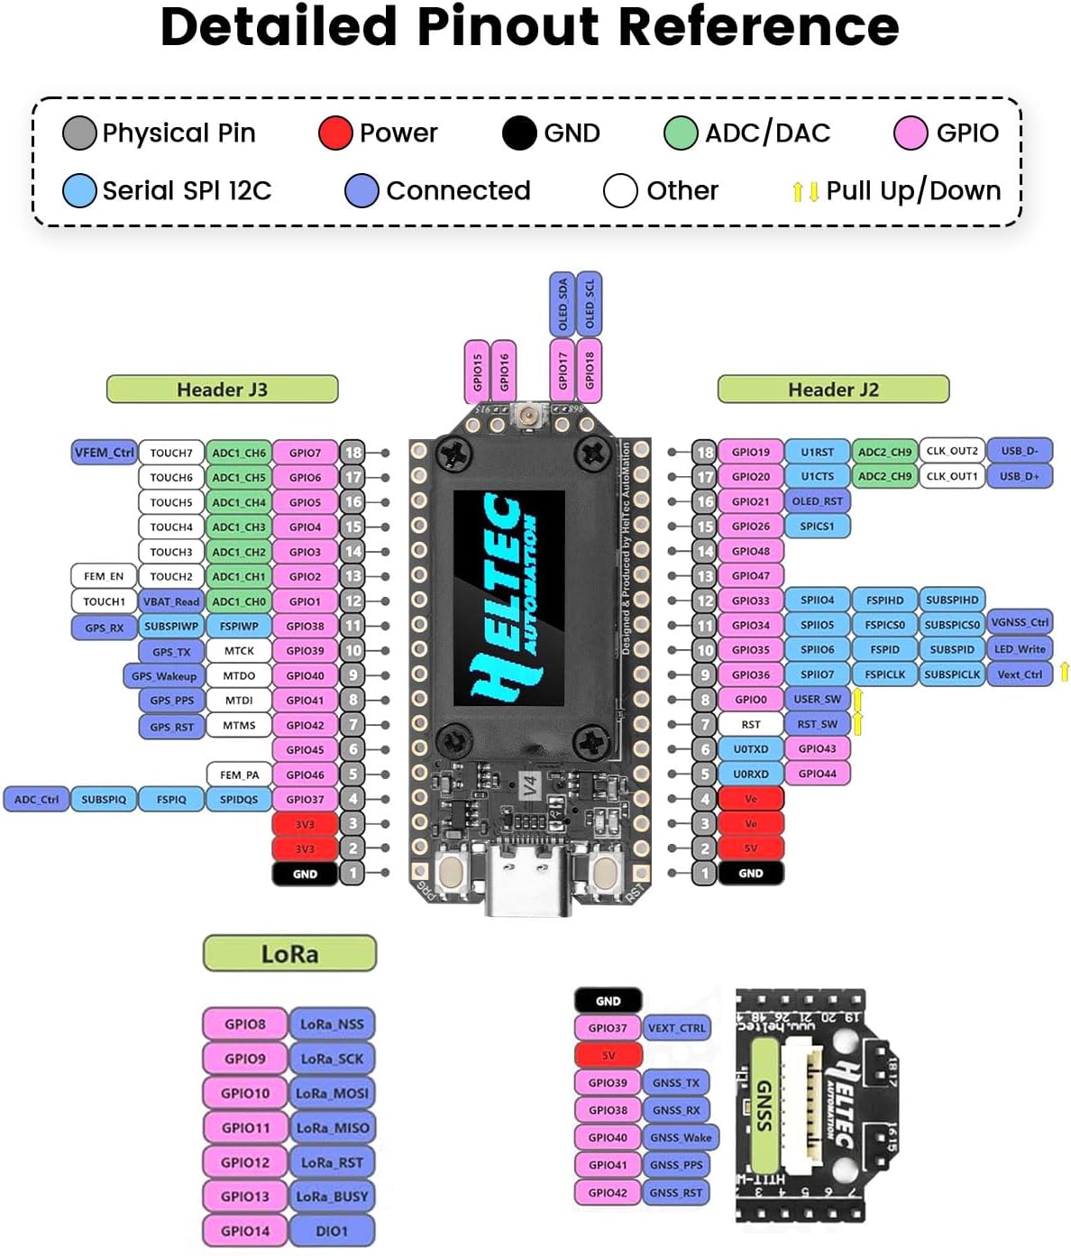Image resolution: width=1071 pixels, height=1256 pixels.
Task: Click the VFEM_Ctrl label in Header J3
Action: pos(104,452)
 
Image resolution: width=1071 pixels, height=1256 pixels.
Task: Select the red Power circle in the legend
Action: pos(334,133)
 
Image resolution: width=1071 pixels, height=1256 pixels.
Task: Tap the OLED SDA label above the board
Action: pos(562,304)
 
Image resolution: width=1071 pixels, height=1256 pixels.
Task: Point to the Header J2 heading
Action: pos(832,390)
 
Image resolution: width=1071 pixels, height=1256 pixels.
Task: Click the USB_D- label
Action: pos(1020,451)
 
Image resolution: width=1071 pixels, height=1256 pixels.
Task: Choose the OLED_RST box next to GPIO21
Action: pos(817,501)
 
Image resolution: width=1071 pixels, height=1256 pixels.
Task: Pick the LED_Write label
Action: pos(1020,649)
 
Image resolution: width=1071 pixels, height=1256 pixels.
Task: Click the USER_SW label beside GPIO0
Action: pos(817,699)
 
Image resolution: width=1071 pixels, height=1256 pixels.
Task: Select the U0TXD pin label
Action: pos(750,748)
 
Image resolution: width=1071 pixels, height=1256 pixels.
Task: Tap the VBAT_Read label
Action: pos(170,601)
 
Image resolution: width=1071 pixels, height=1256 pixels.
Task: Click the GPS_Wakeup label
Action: pos(163,675)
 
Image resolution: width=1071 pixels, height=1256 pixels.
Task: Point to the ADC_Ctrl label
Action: pos(36,799)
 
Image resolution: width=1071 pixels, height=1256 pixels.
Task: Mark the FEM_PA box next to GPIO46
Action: pos(239,775)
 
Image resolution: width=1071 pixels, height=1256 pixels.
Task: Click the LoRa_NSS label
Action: pos(332,1024)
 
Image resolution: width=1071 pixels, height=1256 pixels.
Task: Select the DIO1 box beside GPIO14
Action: pos(332,1231)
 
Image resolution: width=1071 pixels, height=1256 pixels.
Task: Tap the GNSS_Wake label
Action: pos(680,1138)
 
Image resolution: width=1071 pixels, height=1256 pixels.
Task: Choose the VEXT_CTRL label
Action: pos(677,1028)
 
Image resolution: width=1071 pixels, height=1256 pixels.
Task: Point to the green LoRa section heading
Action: pos(289,954)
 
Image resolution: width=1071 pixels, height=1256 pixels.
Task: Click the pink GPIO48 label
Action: pos(750,551)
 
